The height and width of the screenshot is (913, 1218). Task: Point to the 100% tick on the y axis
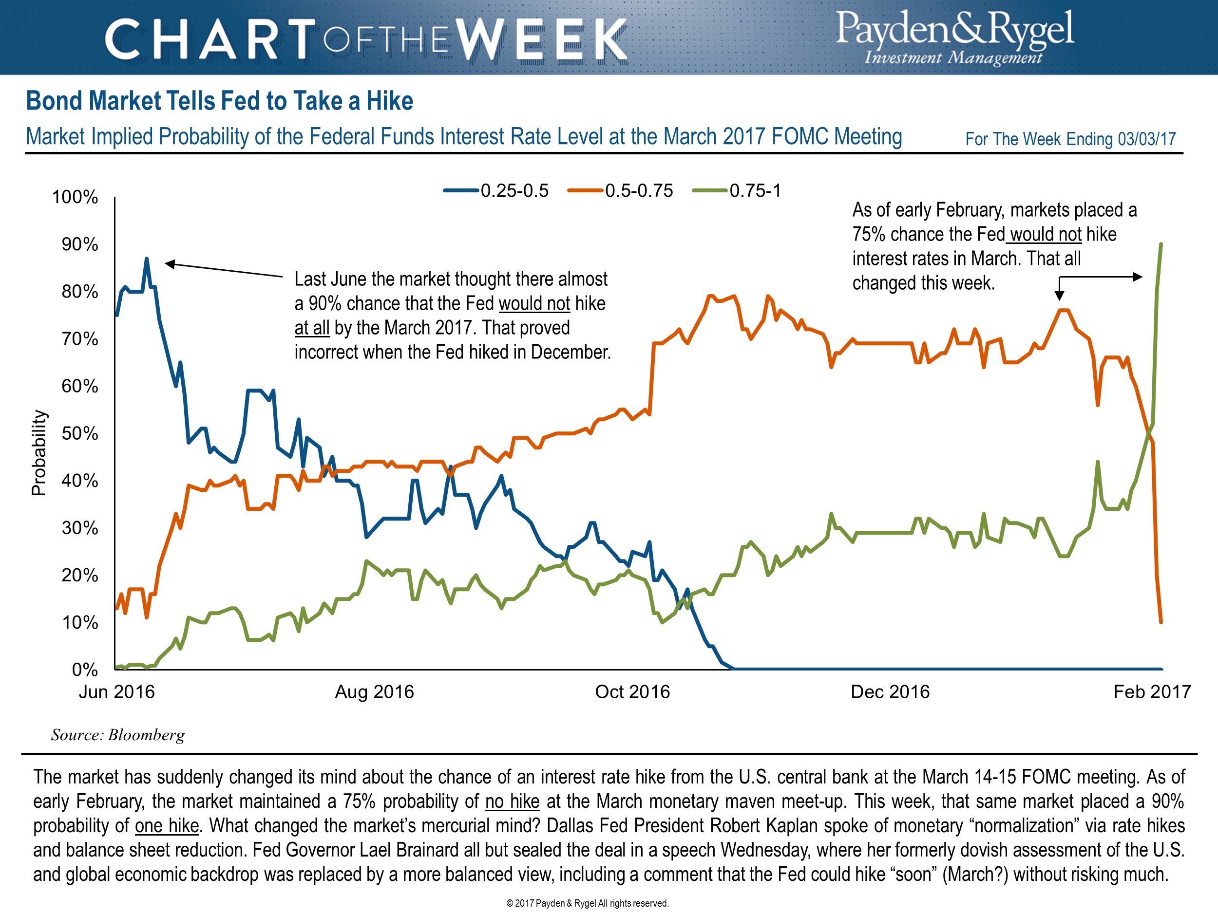pyautogui.click(x=75, y=197)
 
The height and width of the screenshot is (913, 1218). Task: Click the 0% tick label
pyautogui.click(x=85, y=670)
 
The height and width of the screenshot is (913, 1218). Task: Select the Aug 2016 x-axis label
pyautogui.click(x=375, y=692)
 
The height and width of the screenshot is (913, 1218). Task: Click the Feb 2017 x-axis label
pyautogui.click(x=1152, y=692)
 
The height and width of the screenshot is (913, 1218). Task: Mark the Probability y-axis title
pyautogui.click(x=38, y=453)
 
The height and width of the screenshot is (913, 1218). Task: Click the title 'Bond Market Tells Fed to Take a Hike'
pyautogui.click(x=219, y=101)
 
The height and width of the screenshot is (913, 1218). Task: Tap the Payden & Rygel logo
pyautogui.click(x=955, y=37)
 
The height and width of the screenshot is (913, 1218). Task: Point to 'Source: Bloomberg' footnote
pyautogui.click(x=118, y=735)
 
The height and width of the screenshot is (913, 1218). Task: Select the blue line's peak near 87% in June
pyautogui.click(x=147, y=258)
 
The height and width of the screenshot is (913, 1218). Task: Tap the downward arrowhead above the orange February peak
pyautogui.click(x=1059, y=296)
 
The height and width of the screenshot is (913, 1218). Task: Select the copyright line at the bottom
pyautogui.click(x=587, y=903)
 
